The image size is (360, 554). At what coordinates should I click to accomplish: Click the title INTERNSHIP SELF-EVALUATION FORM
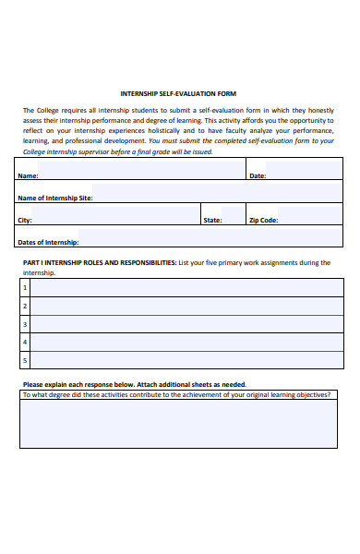pos(179,93)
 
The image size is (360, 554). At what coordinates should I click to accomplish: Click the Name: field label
pos(29,175)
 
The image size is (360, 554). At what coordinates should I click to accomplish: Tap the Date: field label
pos(258,175)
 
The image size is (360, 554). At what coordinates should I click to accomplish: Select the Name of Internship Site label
pos(55,198)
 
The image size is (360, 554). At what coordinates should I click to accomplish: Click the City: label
pos(25,221)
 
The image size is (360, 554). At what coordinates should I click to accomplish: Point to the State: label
pos(212,221)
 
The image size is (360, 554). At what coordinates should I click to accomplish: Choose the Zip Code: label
pos(263,221)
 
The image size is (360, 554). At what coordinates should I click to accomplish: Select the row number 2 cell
pos(26,306)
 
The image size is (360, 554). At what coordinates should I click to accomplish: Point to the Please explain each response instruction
pos(134,384)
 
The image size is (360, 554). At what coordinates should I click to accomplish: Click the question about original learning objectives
pos(175,394)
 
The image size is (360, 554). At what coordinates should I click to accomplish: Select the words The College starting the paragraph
pos(41,110)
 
